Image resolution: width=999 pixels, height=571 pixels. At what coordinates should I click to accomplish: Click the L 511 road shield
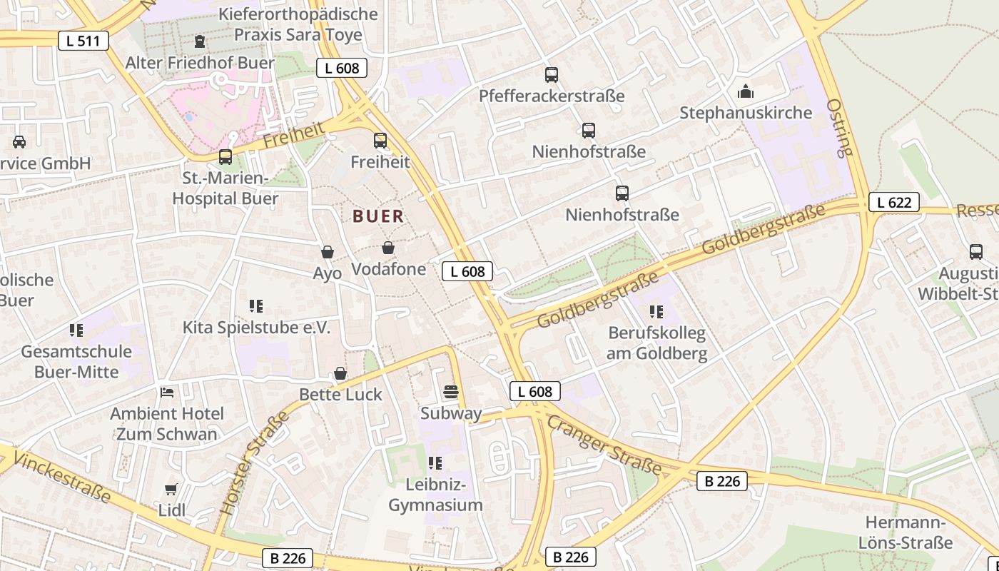point(83,41)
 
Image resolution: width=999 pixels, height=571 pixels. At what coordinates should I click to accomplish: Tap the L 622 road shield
point(893,202)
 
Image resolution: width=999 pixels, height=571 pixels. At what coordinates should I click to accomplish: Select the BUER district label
point(378,216)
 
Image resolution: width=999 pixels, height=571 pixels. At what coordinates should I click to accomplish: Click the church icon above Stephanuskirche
point(746,91)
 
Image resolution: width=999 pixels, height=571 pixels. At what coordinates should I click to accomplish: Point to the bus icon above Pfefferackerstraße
point(551,75)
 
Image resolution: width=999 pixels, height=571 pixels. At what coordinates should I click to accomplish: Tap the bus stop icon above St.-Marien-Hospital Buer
point(225,156)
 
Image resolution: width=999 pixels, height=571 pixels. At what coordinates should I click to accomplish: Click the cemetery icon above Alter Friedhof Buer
point(199,41)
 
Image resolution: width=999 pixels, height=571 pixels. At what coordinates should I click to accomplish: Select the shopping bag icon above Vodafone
point(388,248)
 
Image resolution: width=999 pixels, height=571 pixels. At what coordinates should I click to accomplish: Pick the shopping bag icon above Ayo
point(328,251)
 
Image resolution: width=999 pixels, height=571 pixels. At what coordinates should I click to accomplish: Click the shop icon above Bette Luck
point(340,373)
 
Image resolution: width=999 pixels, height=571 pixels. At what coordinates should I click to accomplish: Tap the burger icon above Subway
point(450,392)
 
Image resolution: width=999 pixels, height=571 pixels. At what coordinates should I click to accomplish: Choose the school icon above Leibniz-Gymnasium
point(435,463)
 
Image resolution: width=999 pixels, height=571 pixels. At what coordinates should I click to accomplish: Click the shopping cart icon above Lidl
point(171,489)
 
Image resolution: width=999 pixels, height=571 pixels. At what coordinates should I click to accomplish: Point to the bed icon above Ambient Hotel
point(167,392)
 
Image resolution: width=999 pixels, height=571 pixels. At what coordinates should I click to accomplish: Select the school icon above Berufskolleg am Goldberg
point(656,311)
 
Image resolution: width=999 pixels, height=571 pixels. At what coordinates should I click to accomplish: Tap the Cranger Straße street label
point(604,445)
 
